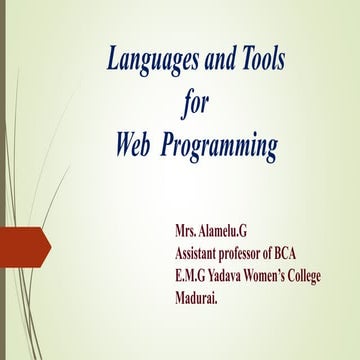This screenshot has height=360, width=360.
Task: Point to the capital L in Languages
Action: (112, 61)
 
